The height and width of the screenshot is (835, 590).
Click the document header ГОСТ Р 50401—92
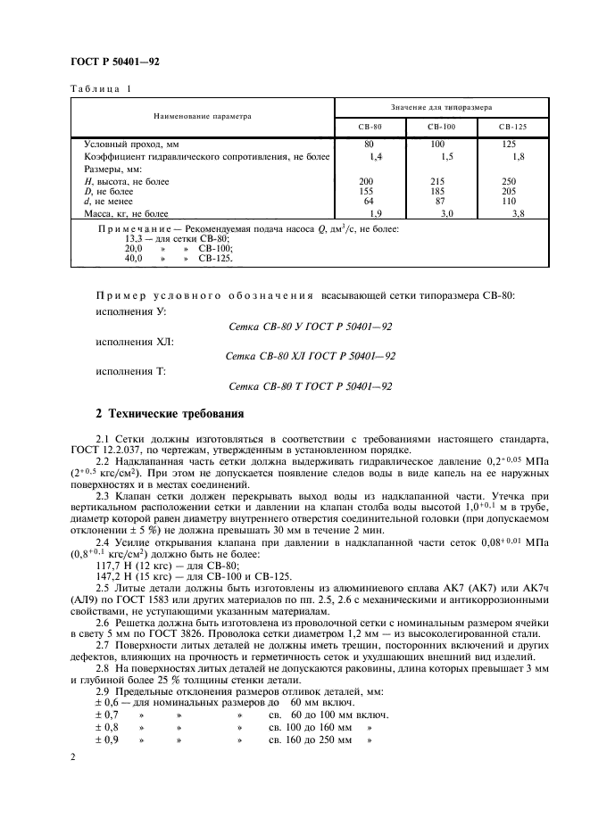click(x=114, y=62)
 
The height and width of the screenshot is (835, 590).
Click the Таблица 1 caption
click(x=100, y=88)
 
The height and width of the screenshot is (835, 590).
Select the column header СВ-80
click(x=370, y=127)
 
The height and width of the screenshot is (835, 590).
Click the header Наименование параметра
click(x=202, y=116)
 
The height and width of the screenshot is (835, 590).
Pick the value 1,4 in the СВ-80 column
click(x=375, y=157)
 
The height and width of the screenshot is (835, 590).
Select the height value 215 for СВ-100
click(x=437, y=181)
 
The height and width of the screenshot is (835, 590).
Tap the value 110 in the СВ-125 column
click(x=510, y=203)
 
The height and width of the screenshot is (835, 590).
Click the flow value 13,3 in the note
click(x=133, y=239)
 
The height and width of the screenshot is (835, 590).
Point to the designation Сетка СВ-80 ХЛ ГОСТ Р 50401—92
click(x=312, y=355)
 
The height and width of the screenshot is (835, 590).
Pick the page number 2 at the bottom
click(x=72, y=757)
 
